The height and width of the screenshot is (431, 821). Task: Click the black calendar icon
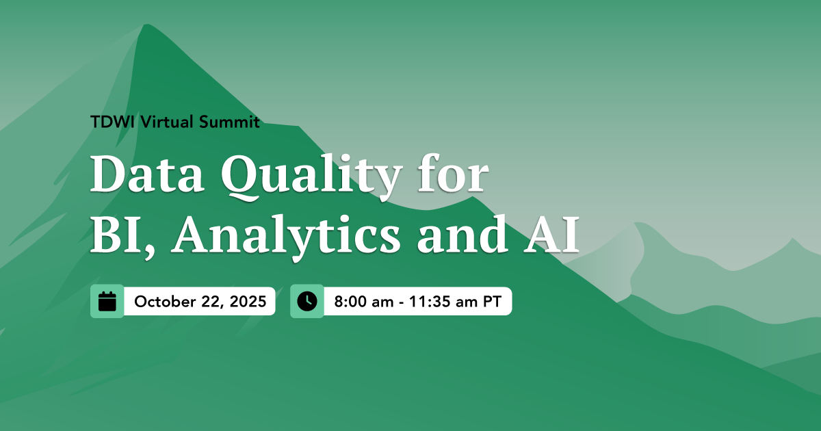[107, 301]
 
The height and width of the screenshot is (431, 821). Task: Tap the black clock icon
[307, 301]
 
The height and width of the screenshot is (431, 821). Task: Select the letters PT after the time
[493, 302]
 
